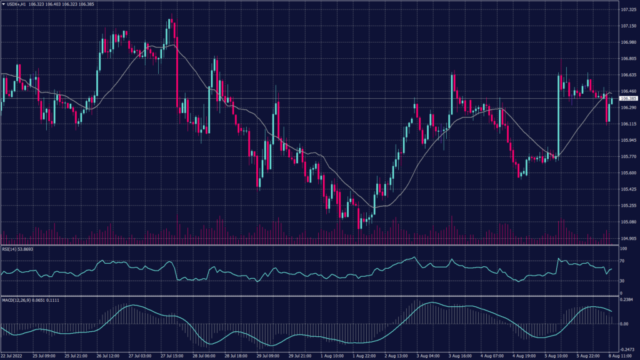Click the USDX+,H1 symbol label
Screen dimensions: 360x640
point(16,4)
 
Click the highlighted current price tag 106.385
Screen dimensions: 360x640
point(629,99)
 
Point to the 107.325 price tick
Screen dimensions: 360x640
point(628,10)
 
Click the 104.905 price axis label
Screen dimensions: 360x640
point(628,238)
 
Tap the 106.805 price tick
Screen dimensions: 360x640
point(628,59)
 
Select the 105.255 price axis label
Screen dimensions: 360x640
point(628,205)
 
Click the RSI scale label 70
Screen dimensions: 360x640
point(622,259)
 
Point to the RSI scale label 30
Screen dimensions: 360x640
point(622,281)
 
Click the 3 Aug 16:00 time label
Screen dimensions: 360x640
point(461,356)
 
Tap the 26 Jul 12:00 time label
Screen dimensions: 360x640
point(107,356)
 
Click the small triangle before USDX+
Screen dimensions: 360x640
point(2,4)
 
